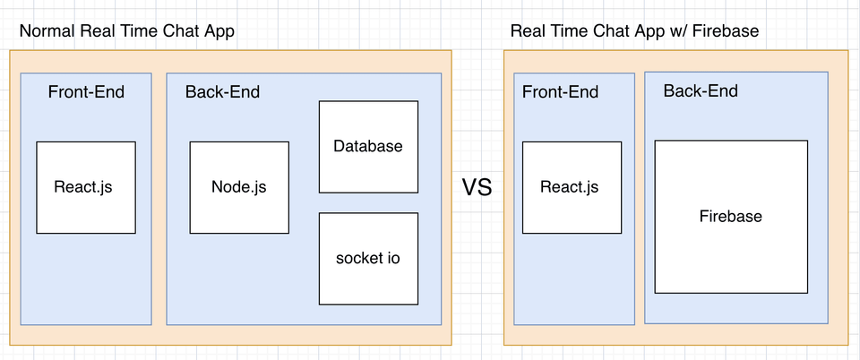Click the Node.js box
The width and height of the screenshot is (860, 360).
point(239,187)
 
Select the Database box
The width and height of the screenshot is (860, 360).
point(368,147)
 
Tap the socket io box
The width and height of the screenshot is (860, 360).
point(368,259)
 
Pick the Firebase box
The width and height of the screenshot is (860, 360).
point(731,217)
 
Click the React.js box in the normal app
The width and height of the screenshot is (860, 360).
point(86,187)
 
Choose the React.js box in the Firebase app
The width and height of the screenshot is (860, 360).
point(572,187)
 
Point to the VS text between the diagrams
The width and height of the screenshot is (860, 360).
point(477,187)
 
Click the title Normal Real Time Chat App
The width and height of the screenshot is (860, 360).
point(127,31)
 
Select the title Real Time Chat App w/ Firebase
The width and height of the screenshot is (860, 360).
point(634,31)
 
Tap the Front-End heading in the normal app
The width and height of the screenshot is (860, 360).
point(86,91)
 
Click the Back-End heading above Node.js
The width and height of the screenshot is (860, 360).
point(222,91)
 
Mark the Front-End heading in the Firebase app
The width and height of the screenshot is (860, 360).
point(560,91)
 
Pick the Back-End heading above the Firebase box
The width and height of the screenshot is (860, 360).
point(701,90)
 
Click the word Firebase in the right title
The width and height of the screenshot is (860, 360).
point(726,31)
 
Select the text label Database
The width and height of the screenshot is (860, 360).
point(368,146)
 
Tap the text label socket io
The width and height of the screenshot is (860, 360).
point(368,258)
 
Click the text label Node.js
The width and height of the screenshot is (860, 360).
point(238,187)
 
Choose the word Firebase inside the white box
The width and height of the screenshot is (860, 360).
point(731,216)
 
